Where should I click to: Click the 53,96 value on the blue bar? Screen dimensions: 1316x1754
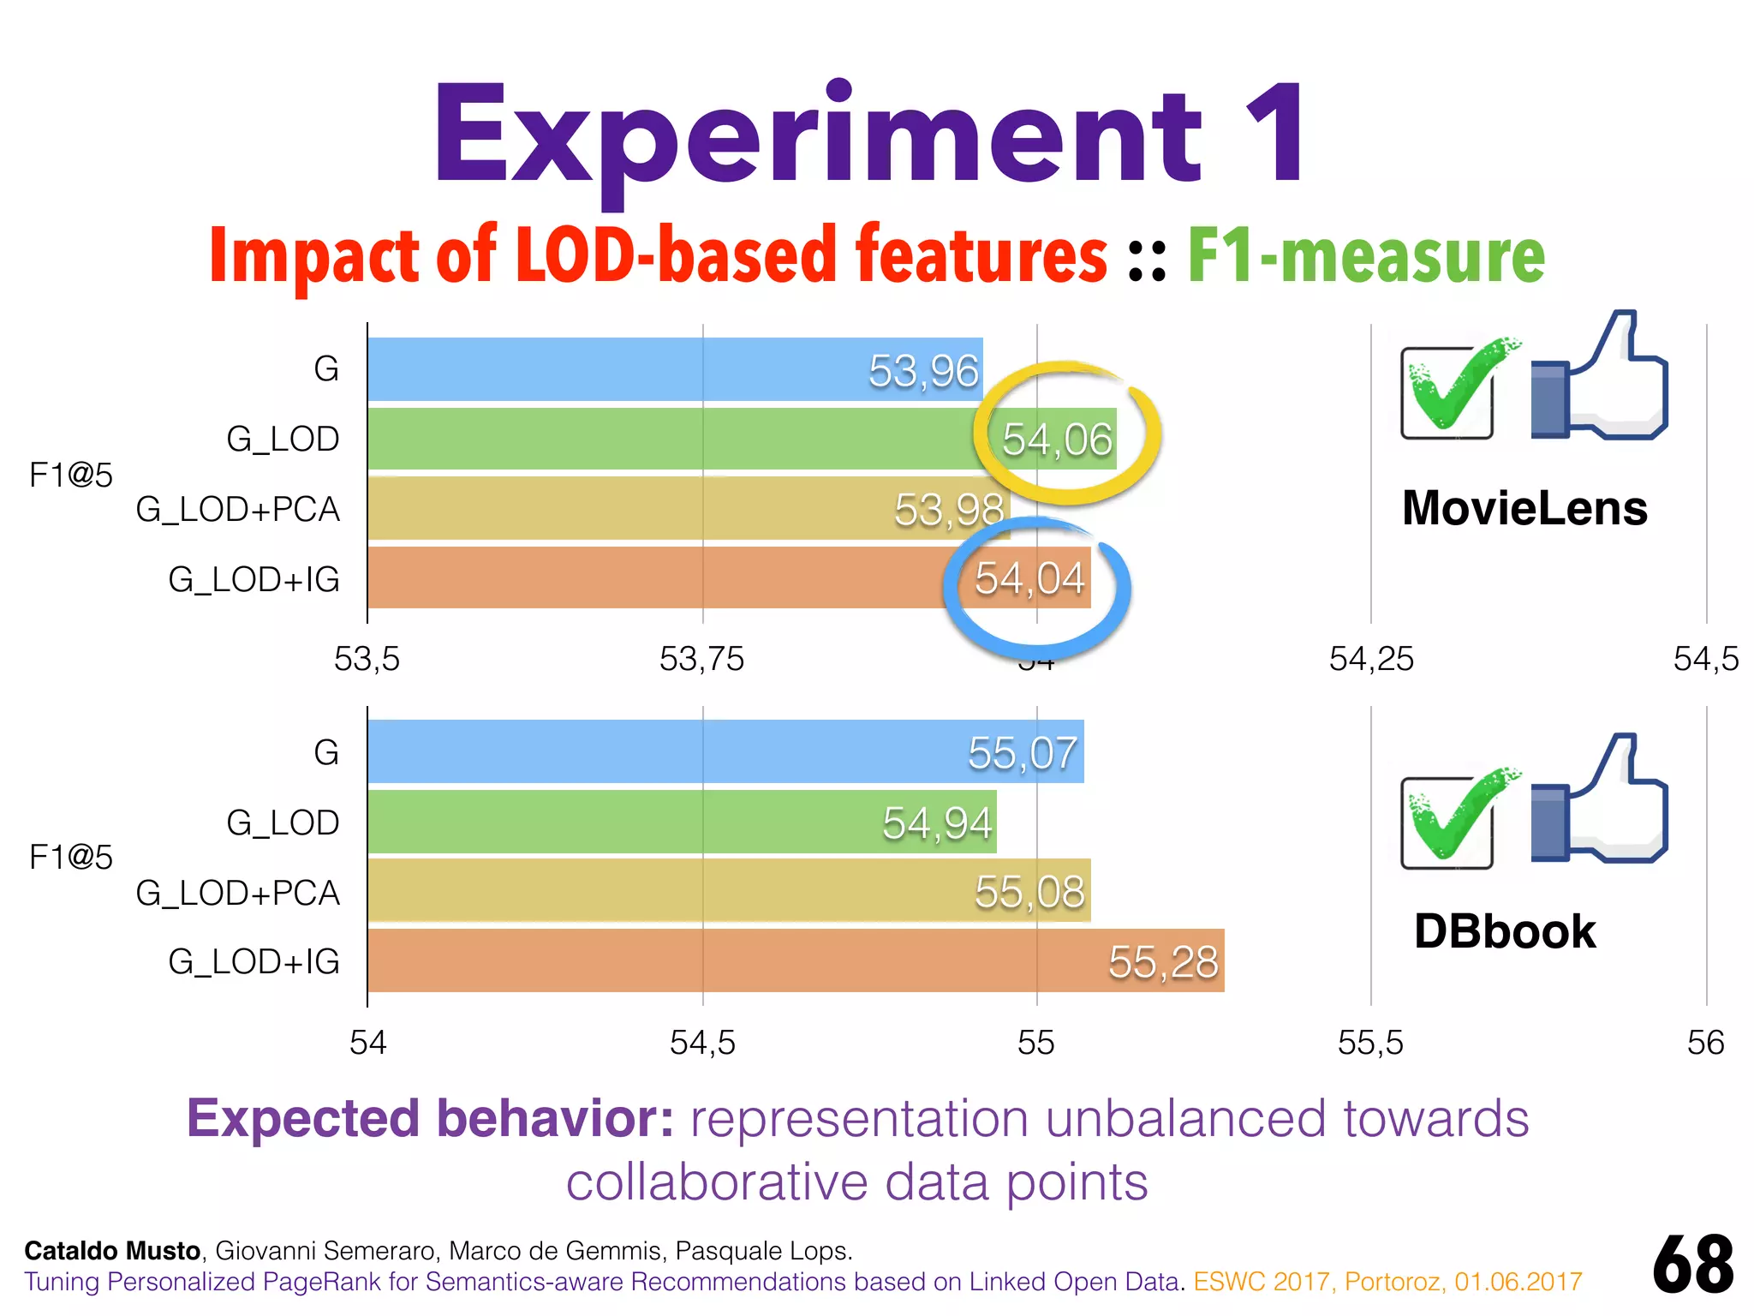(923, 371)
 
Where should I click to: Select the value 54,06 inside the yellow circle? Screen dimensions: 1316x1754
(1057, 440)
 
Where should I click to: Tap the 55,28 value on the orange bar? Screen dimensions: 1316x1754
(1163, 962)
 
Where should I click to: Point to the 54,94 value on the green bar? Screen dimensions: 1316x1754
(937, 823)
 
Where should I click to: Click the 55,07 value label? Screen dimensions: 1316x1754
(1023, 753)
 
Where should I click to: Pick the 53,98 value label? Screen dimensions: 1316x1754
(949, 510)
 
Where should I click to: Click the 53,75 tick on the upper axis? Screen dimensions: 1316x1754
(701, 659)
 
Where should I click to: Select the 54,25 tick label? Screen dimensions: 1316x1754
(1370, 659)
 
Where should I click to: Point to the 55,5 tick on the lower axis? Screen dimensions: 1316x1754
(1370, 1043)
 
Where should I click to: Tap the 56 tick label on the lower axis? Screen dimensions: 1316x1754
(1705, 1043)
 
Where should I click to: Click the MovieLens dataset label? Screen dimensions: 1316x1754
(1524, 508)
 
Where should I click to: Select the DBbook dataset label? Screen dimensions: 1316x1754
(1505, 931)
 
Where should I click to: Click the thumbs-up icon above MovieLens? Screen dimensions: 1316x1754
(1599, 377)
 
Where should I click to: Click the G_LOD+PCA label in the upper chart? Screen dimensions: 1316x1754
(238, 510)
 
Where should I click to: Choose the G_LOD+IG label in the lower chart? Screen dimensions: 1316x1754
(254, 962)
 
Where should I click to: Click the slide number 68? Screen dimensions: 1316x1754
(1692, 1265)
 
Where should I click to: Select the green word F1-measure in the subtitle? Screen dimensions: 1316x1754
(1366, 254)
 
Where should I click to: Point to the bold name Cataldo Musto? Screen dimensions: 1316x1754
(112, 1251)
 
